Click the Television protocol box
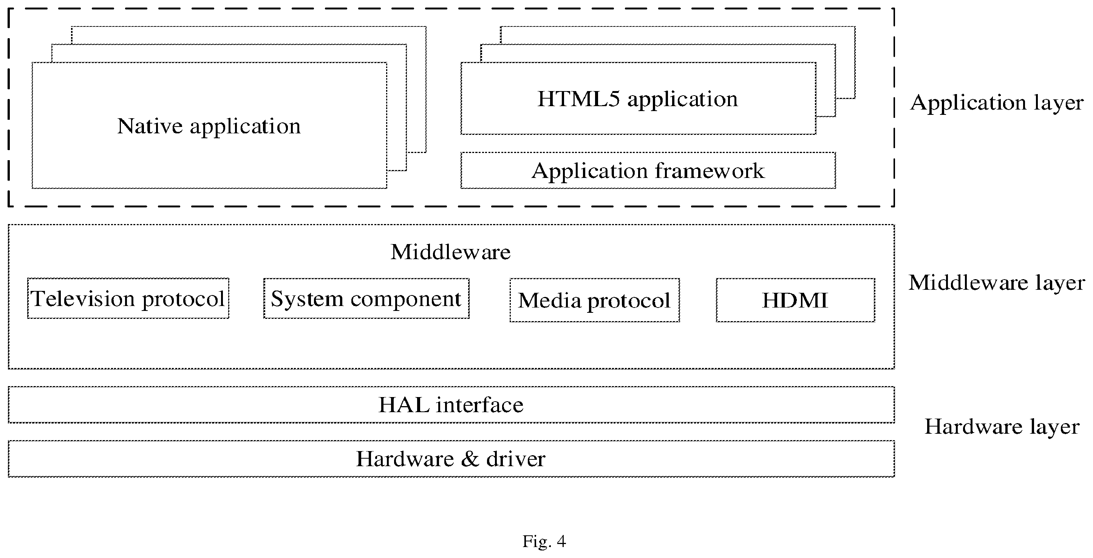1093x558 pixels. click(128, 298)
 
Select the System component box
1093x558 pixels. click(366, 298)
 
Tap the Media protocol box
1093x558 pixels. click(594, 300)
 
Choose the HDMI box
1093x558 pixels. click(795, 300)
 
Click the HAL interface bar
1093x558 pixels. click(451, 404)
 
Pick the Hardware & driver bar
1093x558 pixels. click(451, 459)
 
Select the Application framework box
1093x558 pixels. click(648, 170)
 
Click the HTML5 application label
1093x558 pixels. click(637, 99)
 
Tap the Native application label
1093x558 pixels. click(209, 127)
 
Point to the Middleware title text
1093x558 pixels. click(451, 252)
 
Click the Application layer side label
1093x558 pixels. click(997, 103)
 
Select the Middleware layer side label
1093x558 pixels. click(997, 283)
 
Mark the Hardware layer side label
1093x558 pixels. click(1002, 427)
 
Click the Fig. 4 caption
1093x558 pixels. click(544, 541)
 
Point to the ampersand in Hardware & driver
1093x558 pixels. click(470, 459)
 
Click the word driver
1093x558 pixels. click(516, 459)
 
